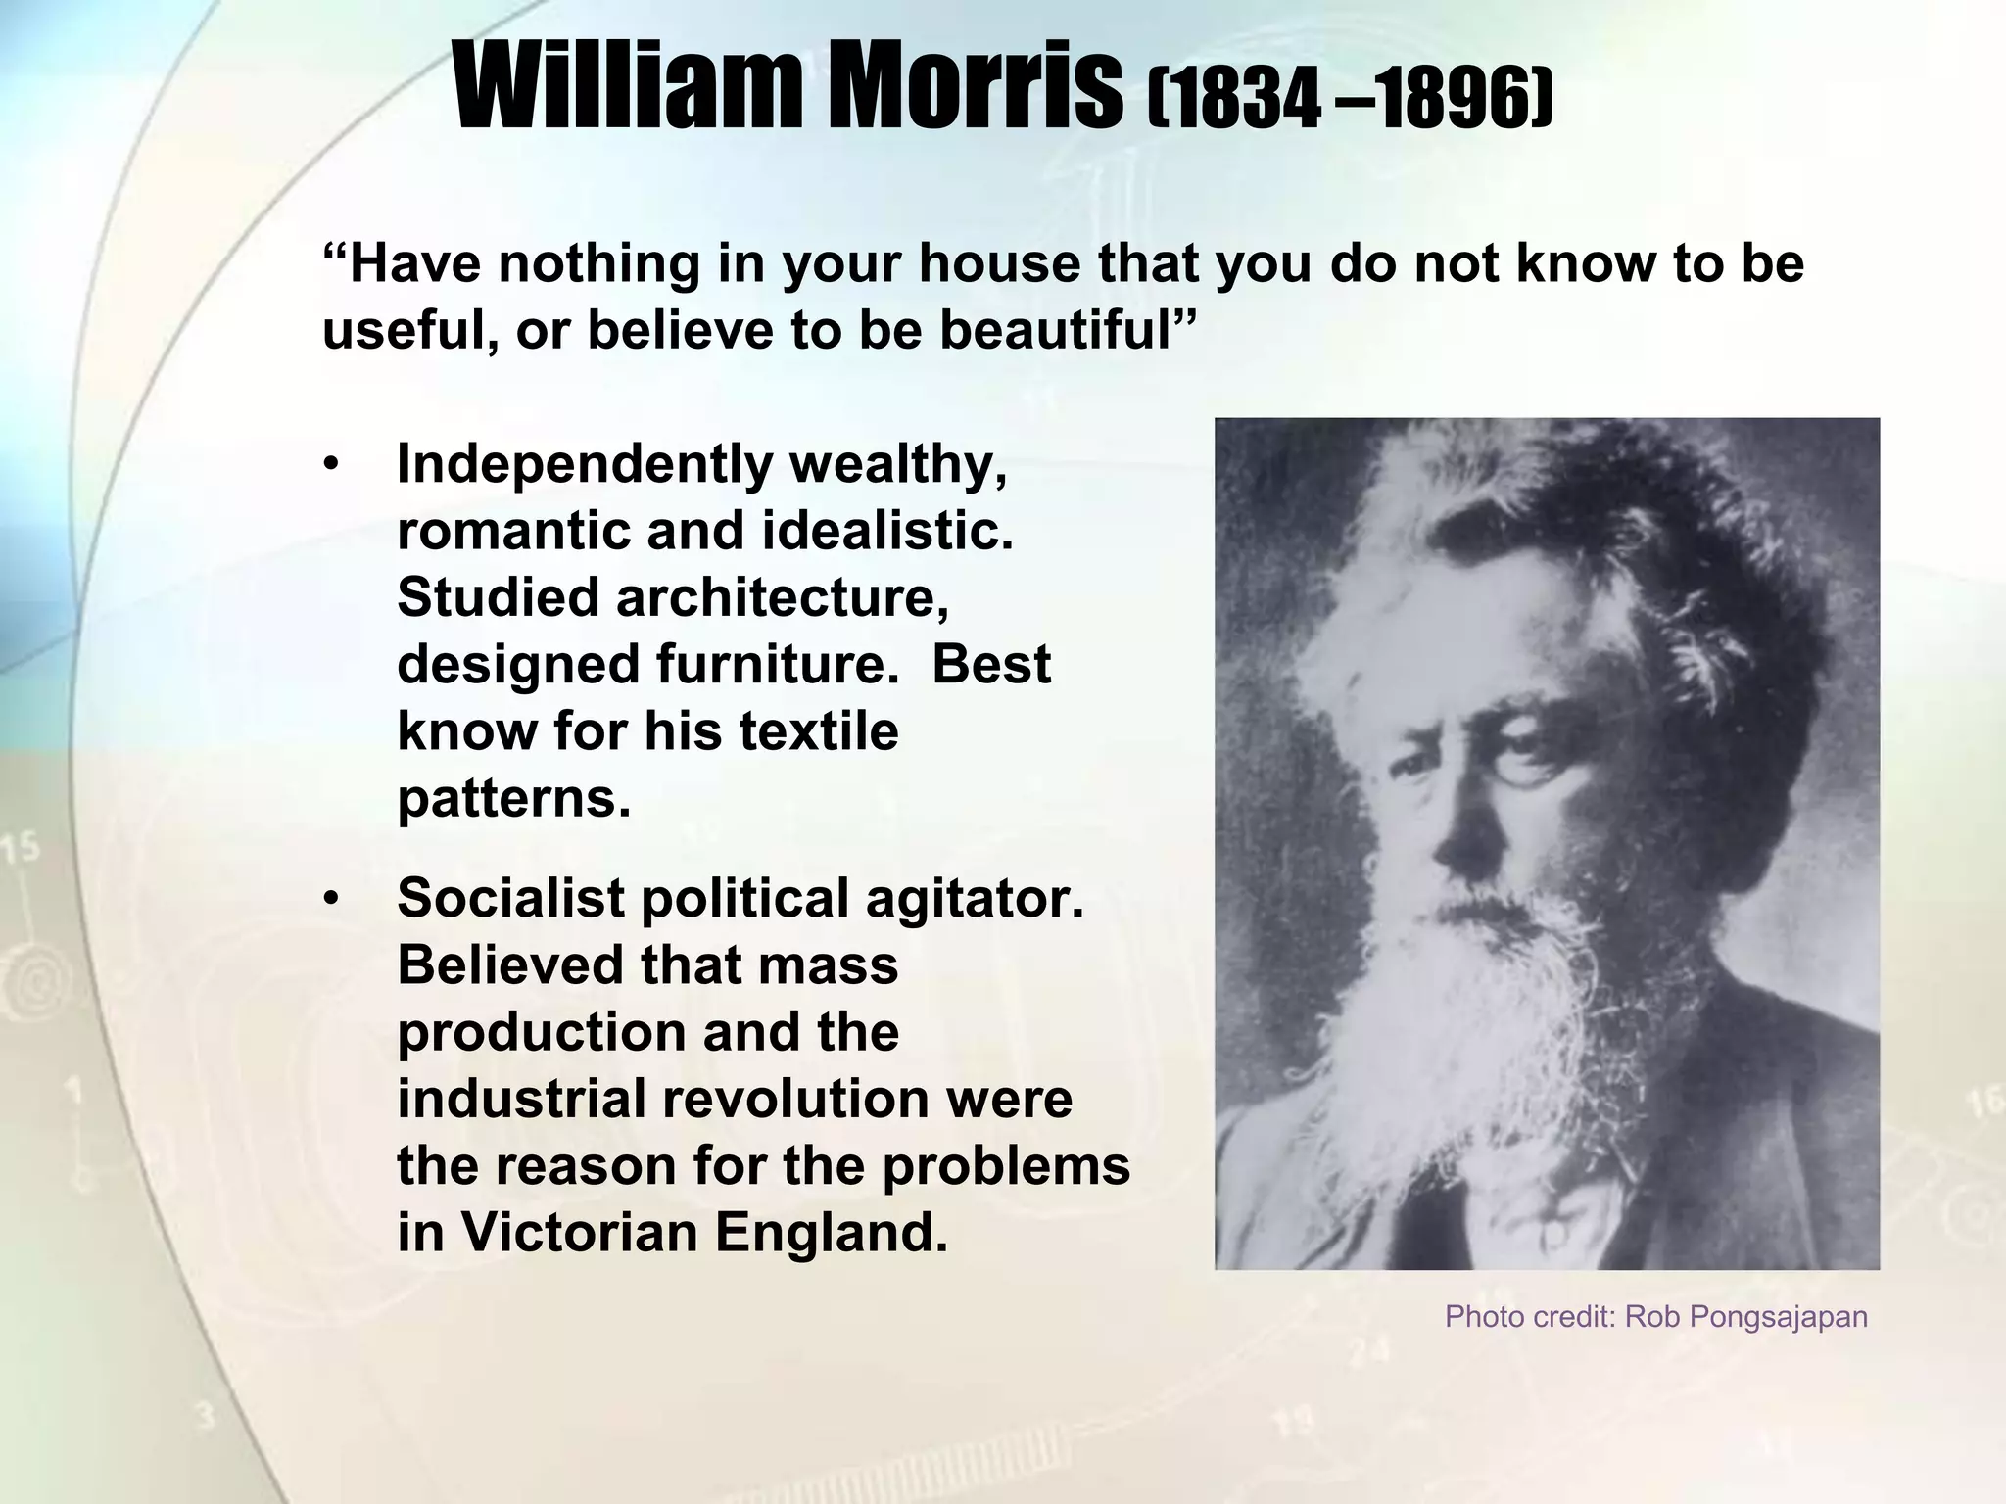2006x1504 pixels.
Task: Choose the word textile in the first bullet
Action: pos(817,730)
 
